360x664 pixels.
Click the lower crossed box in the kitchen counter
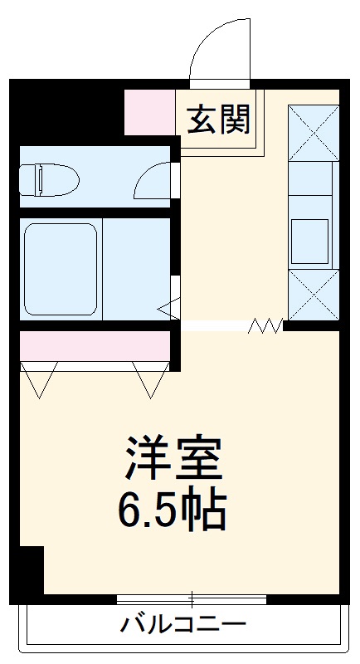click(x=313, y=295)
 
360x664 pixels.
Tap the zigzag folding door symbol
click(x=265, y=326)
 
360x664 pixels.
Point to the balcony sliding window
click(x=192, y=598)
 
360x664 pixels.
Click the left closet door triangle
click(x=40, y=378)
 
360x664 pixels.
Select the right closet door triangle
click(x=149, y=378)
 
